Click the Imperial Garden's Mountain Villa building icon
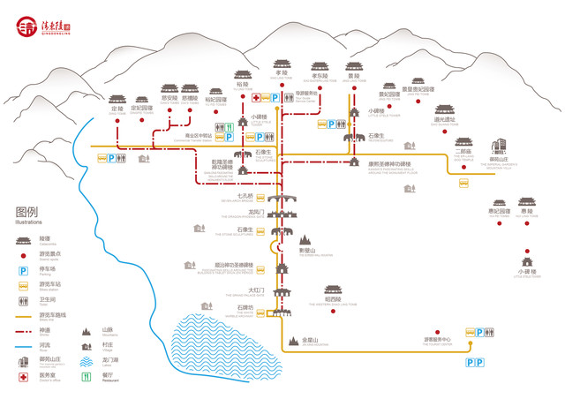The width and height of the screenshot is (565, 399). [x=499, y=146]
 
